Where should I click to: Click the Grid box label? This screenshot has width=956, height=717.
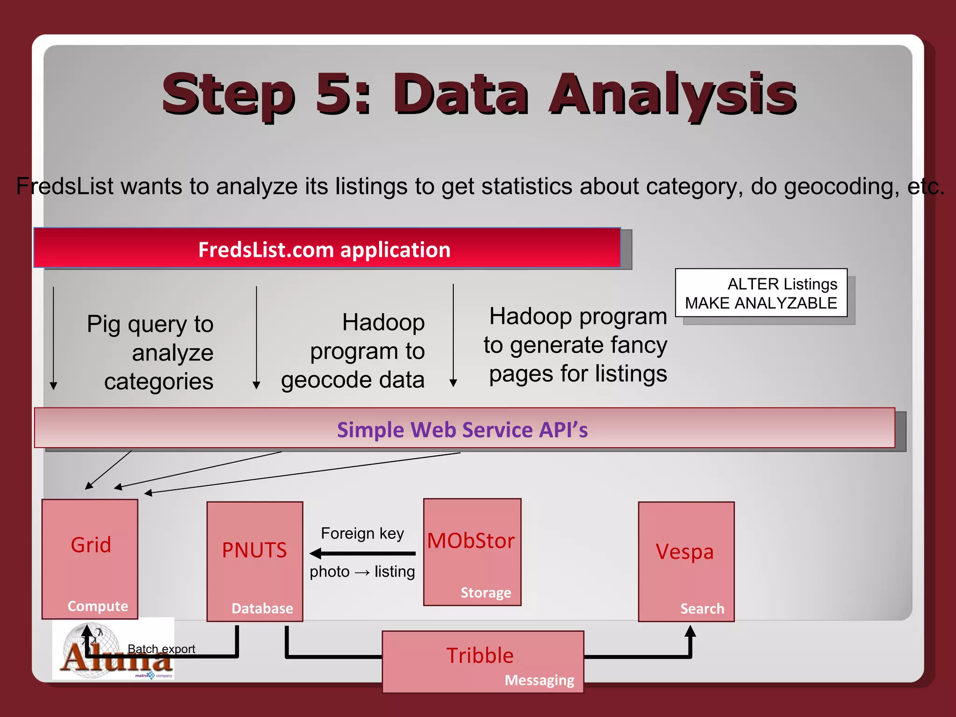point(91,545)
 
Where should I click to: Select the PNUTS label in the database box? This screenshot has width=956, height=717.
point(254,550)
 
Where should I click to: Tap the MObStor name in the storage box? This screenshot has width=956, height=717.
point(471,541)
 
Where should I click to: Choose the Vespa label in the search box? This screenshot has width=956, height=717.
point(684,552)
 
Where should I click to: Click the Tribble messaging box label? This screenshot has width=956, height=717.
point(479,655)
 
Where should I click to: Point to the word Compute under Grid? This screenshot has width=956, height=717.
point(98,606)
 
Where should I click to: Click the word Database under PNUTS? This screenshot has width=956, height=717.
point(262,608)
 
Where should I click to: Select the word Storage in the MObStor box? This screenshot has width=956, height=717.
point(485,592)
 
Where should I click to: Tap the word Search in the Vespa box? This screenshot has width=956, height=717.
point(702,609)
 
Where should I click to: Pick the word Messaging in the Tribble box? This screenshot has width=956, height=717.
point(539,680)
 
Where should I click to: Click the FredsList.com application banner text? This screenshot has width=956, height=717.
point(324,250)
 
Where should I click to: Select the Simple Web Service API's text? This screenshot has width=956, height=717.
point(462,429)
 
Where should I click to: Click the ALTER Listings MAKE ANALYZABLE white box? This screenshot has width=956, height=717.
point(761,293)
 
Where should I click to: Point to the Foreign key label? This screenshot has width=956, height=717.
point(362,533)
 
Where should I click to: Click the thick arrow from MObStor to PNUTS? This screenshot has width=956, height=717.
point(363,554)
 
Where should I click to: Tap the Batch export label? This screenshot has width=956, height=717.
point(161,649)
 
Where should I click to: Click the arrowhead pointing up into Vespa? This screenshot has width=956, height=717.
point(690,632)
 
